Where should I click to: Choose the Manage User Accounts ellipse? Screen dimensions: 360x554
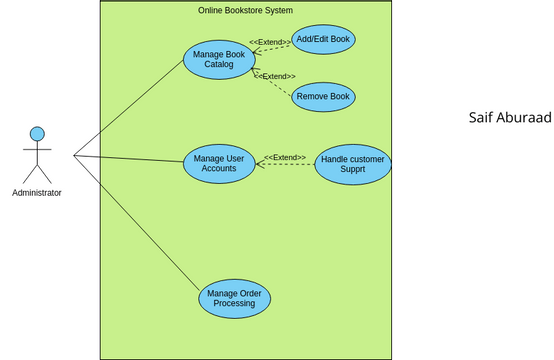click(x=219, y=163)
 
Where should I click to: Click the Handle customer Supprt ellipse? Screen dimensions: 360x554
click(x=352, y=164)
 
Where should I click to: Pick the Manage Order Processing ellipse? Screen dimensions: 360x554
click(x=234, y=298)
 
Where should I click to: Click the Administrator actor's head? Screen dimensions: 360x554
click(x=37, y=133)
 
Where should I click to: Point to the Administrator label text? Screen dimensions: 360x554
click(x=37, y=193)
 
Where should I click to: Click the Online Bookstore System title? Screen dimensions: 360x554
click(x=245, y=10)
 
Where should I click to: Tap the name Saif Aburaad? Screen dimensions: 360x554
click(x=510, y=118)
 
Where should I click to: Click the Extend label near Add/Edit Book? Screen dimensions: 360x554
click(x=269, y=42)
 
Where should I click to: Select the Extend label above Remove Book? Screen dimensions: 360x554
click(x=275, y=76)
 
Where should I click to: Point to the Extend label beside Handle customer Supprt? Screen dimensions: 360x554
click(x=285, y=157)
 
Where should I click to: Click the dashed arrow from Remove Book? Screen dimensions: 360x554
click(x=274, y=84)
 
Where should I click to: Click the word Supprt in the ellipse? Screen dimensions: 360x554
click(x=352, y=170)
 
